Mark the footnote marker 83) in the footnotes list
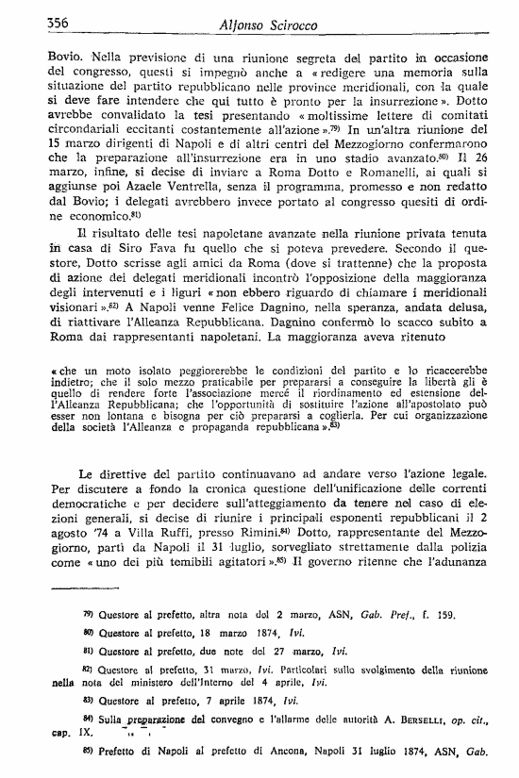point(91,699)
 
